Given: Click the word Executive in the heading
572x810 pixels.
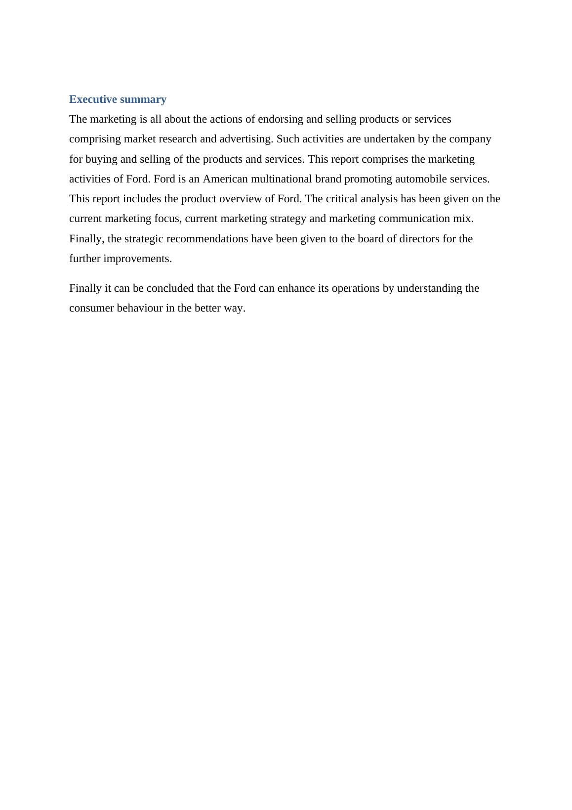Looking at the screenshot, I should [x=92, y=99].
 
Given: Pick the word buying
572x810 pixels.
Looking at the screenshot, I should [x=100, y=159].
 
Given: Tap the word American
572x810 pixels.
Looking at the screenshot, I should [x=225, y=179].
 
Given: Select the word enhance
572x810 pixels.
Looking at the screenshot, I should [x=295, y=288].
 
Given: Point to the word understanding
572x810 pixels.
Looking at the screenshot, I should [x=429, y=288].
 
